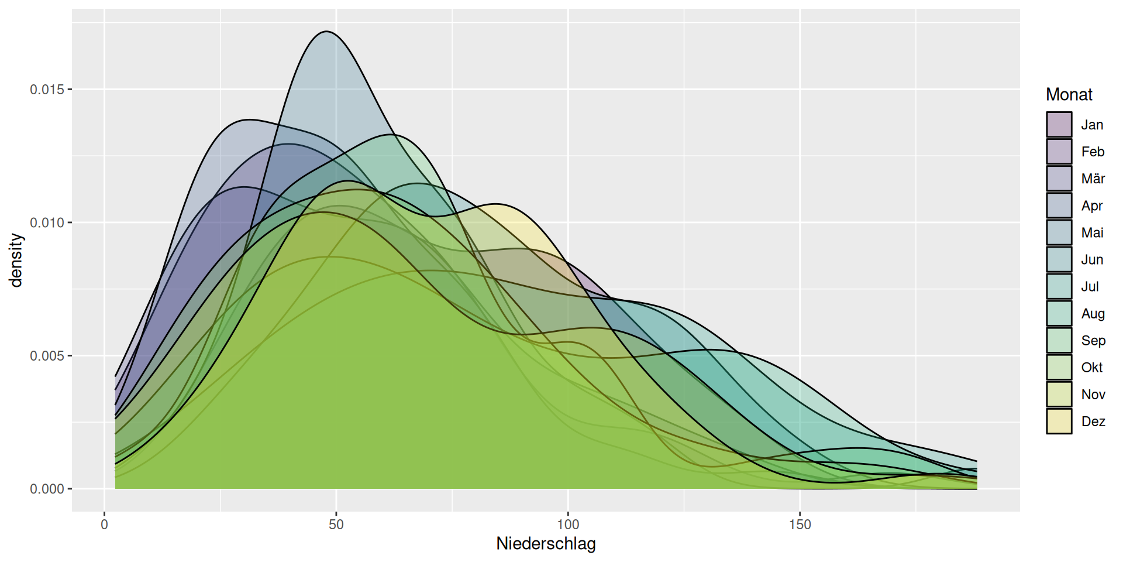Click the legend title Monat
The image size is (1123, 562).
tap(1069, 94)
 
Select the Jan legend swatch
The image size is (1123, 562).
tap(1059, 125)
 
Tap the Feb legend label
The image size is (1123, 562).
tap(1092, 152)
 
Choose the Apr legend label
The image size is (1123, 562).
tap(1091, 205)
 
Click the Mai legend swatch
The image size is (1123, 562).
tap(1059, 232)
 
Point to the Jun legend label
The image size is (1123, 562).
tap(1092, 259)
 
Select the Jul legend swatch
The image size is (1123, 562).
tap(1059, 286)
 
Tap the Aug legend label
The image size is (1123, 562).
tap(1093, 313)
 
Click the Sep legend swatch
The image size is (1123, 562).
tap(1059, 340)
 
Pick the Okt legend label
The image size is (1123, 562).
tap(1091, 367)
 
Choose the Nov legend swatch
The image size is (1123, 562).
tap(1059, 394)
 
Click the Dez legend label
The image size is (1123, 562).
tap(1093, 421)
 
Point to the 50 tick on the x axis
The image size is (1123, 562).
tap(336, 524)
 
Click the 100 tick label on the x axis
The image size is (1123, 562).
tap(568, 524)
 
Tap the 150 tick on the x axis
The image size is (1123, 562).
tap(800, 524)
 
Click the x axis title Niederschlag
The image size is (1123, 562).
tap(546, 543)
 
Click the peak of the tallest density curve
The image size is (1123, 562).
tap(326, 32)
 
